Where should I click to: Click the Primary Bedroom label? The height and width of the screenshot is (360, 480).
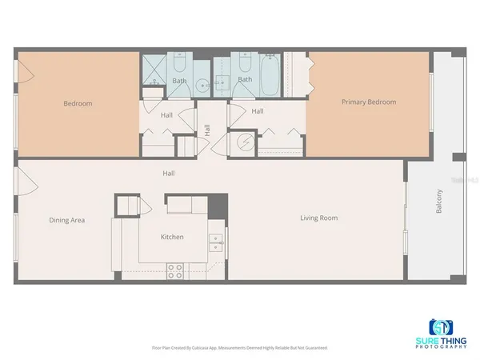369,102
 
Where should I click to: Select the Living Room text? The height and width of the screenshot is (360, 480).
319,218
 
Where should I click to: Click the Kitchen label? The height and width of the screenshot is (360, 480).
172,237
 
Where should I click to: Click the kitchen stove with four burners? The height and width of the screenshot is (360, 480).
174,270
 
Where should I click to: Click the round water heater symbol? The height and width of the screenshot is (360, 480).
246,144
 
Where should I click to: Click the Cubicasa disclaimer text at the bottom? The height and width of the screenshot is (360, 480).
239,348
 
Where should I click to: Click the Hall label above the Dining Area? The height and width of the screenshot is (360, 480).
168,173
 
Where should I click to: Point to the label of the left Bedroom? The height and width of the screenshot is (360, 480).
78,103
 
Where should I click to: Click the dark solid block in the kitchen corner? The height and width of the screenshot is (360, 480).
218,204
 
